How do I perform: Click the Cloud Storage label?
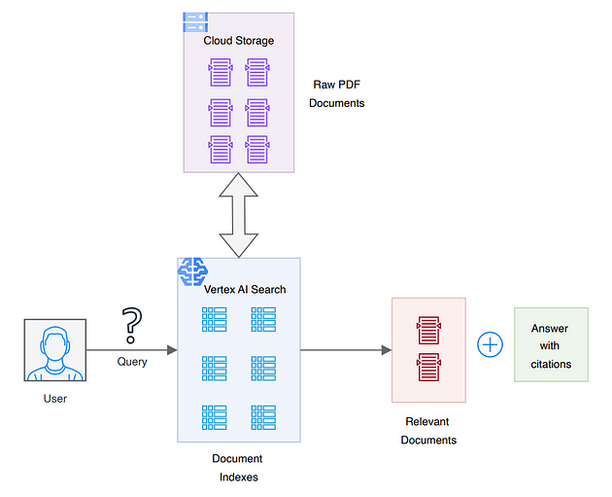point(238,41)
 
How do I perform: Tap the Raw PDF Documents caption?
point(337,93)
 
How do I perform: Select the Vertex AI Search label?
point(245,289)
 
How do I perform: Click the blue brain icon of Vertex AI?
point(192,270)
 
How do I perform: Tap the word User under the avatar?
point(54,398)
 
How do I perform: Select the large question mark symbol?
point(131,326)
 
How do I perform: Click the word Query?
point(132,362)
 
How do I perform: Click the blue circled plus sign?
point(491,344)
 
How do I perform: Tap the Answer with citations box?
point(551,345)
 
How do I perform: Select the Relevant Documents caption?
point(428,431)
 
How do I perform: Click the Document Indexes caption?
point(237,468)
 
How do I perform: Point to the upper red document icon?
point(428,331)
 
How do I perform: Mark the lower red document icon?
point(428,368)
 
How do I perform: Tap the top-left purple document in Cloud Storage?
point(221,71)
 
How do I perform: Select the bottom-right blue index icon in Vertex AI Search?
point(263,417)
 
